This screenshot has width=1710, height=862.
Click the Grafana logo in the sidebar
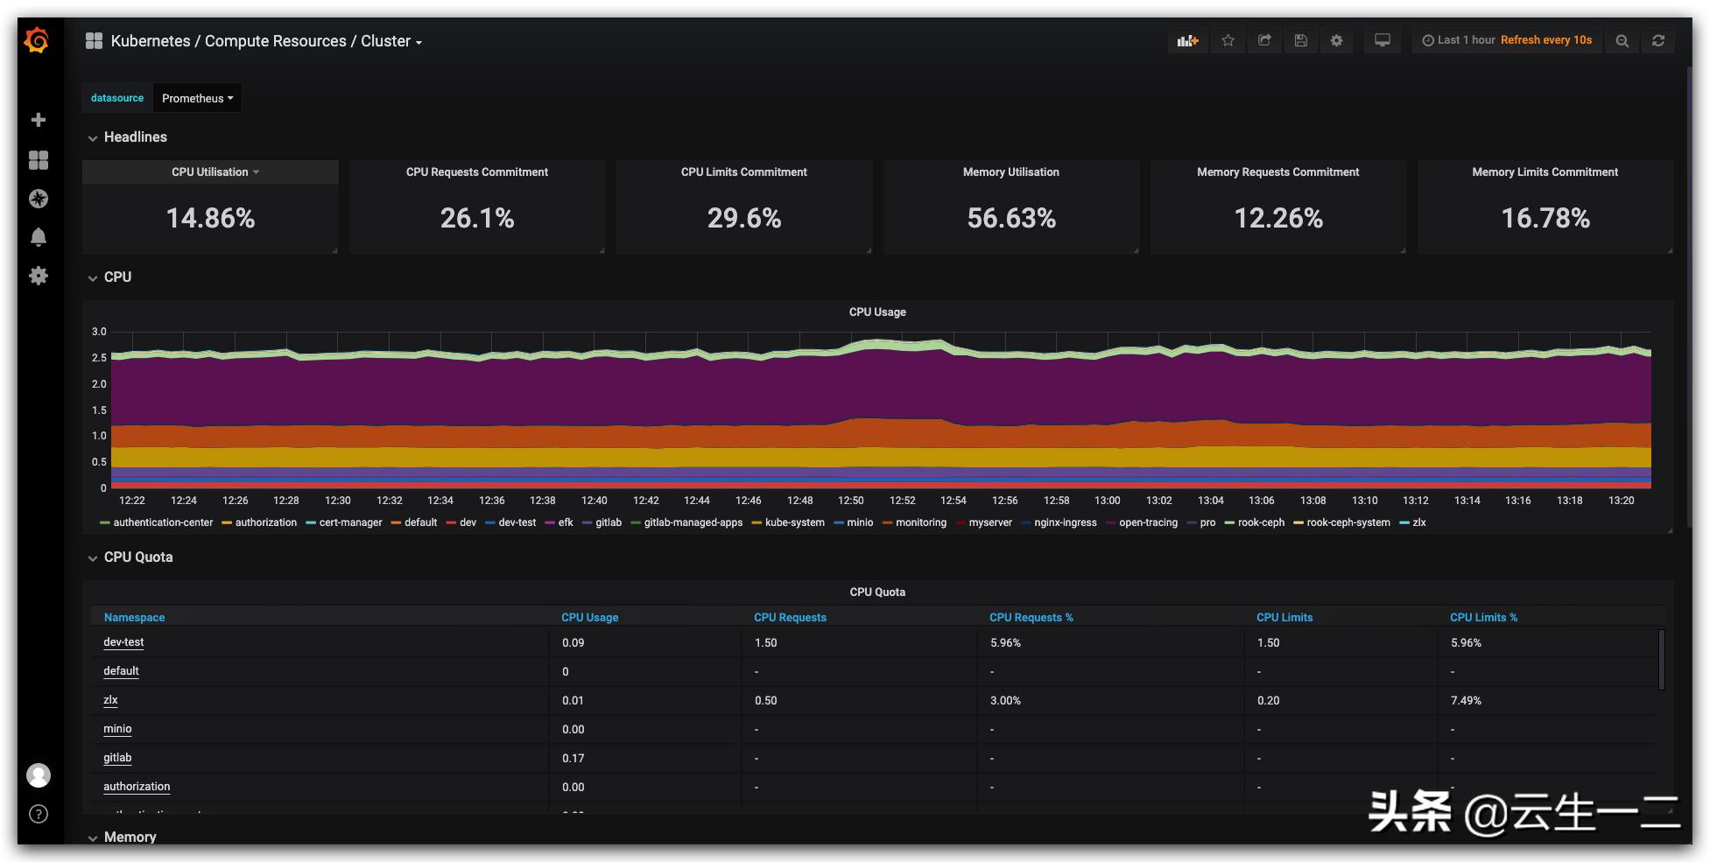pyautogui.click(x=37, y=40)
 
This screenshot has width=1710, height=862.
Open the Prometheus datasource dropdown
pyautogui.click(x=197, y=98)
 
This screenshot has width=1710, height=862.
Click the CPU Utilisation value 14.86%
pyautogui.click(x=210, y=218)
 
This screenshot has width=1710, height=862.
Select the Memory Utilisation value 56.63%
pyautogui.click(x=1011, y=218)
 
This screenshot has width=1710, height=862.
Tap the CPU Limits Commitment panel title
pyautogui.click(x=743, y=172)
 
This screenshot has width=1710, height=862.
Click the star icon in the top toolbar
pyautogui.click(x=1228, y=40)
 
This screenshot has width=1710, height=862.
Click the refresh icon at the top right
pyautogui.click(x=1657, y=40)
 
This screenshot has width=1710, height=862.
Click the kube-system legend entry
pyautogui.click(x=793, y=522)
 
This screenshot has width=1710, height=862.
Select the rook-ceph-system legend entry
pyautogui.click(x=1348, y=522)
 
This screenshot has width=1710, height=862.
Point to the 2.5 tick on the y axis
pyautogui.click(x=99, y=358)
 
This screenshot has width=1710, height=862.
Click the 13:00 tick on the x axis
pyautogui.click(x=1107, y=501)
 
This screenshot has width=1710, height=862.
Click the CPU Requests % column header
pyautogui.click(x=1031, y=617)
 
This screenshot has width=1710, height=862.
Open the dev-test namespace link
pyautogui.click(x=123, y=642)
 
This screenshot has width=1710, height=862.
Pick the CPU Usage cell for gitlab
pyautogui.click(x=573, y=758)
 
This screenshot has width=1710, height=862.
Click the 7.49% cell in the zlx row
pyautogui.click(x=1466, y=700)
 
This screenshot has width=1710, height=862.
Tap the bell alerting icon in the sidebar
pyautogui.click(x=39, y=237)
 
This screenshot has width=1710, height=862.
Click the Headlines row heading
pyautogui.click(x=135, y=137)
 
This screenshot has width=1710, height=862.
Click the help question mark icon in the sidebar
pyautogui.click(x=39, y=814)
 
